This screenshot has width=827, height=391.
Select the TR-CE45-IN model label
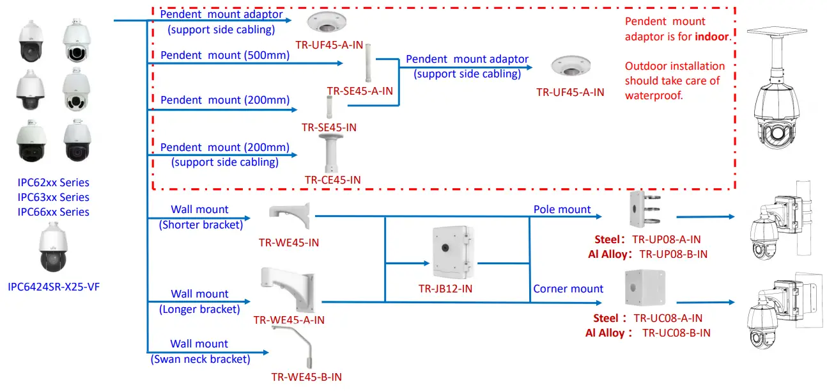coord(332,180)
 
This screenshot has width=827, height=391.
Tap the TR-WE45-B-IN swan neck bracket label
coord(306,377)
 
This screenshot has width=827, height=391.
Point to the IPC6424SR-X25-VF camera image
coord(52,251)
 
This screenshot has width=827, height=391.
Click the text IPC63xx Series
coord(53,197)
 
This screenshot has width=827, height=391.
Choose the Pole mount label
coord(562,209)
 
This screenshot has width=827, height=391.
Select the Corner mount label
coord(568,289)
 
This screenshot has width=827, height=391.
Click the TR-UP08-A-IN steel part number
coord(666,239)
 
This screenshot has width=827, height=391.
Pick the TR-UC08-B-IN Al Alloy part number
coord(676,333)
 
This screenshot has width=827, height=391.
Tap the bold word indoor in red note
coord(712,36)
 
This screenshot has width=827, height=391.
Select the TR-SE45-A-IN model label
coord(359,91)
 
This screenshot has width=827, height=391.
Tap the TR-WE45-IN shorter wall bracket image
coord(290,217)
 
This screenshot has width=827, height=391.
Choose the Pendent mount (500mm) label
coord(225,55)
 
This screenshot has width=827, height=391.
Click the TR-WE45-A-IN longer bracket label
coord(289,320)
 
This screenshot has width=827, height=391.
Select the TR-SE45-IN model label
coord(328,127)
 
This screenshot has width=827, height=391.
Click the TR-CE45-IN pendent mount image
coord(331,154)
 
